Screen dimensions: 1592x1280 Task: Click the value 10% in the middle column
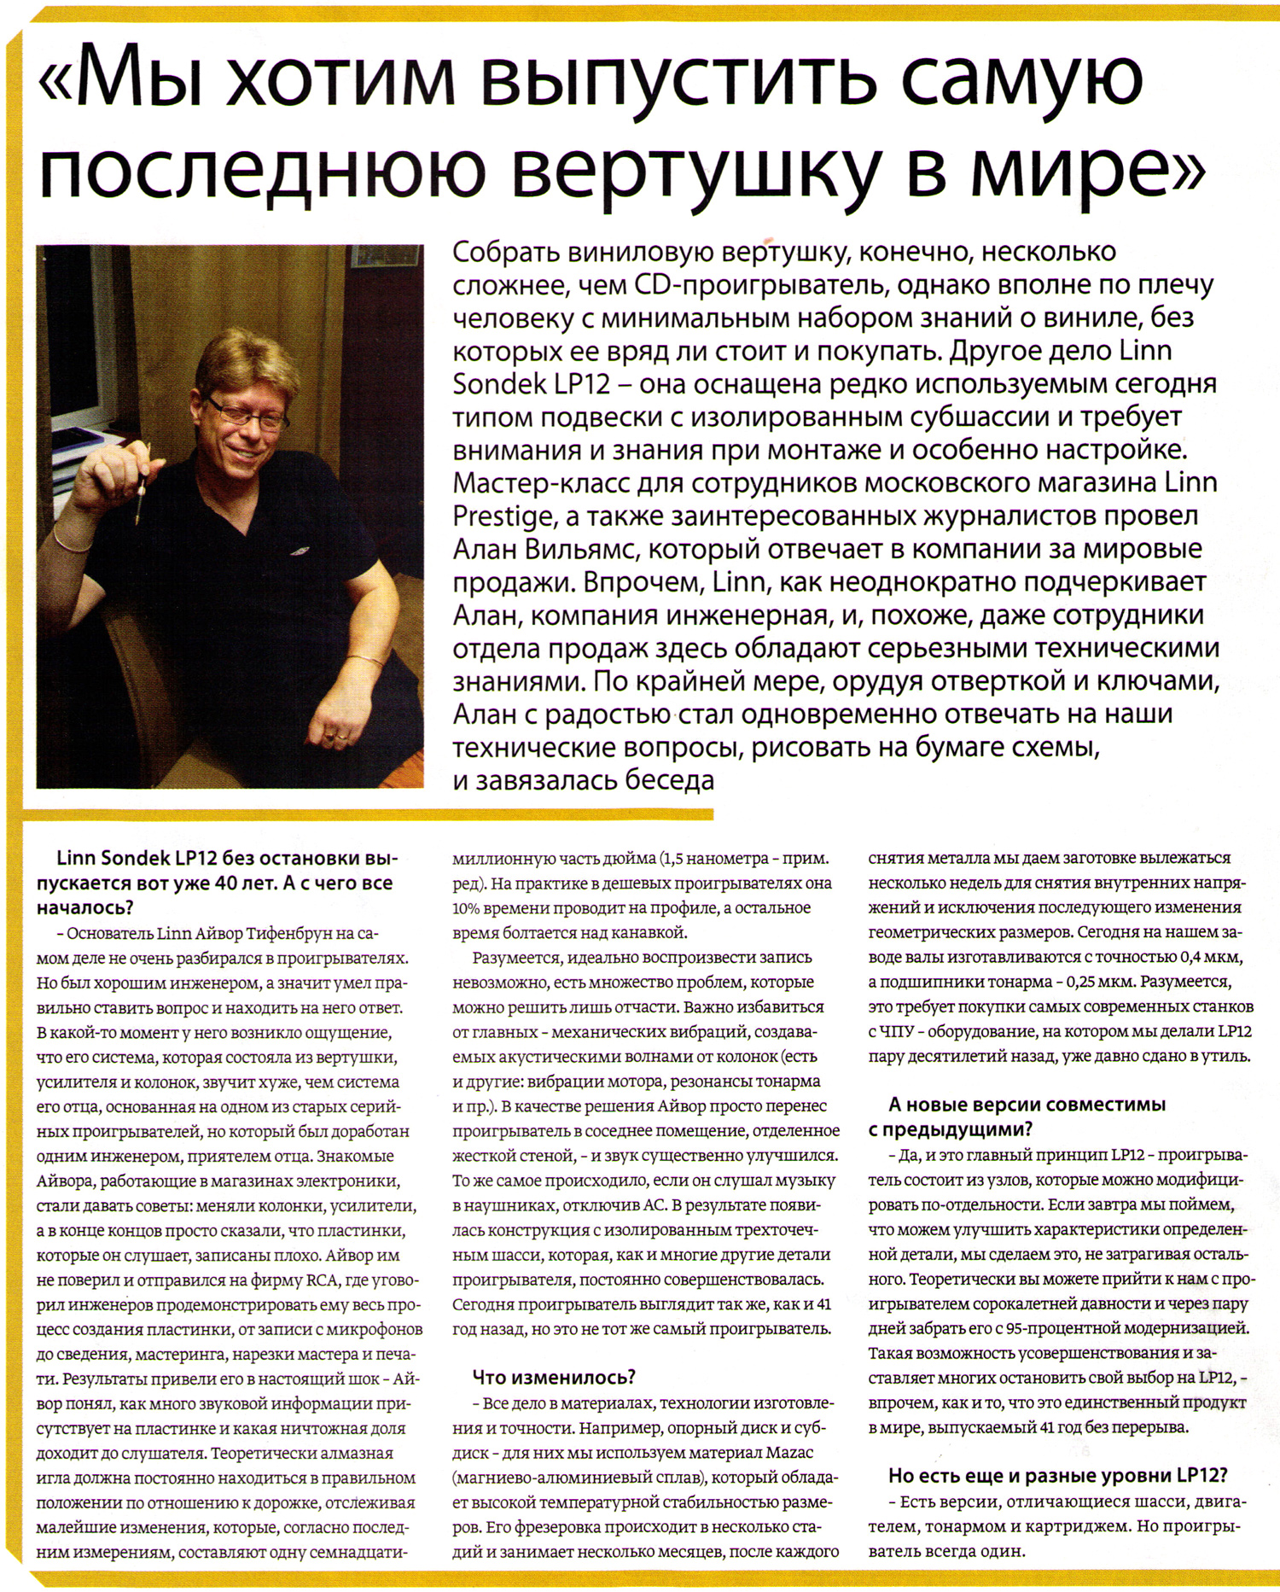pyautogui.click(x=466, y=907)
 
